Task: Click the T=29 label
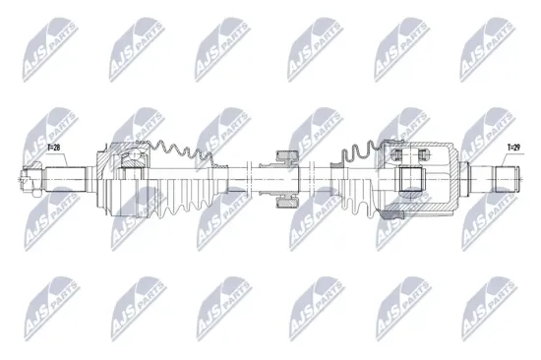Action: [512, 149]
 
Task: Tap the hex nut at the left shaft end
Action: [28, 179]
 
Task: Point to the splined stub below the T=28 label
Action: [61, 179]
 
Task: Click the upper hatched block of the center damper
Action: [285, 157]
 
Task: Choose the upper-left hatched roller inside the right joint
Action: [397, 153]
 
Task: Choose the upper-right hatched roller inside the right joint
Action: [425, 153]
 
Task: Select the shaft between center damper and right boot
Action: [317, 179]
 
